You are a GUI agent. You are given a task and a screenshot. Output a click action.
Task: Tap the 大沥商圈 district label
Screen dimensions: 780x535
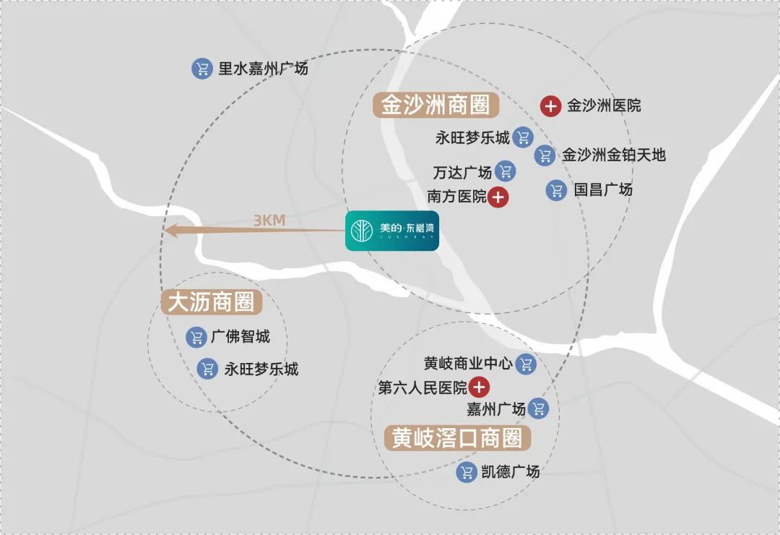point(212,302)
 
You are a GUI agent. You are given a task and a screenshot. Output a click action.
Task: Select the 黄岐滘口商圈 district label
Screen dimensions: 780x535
point(457,438)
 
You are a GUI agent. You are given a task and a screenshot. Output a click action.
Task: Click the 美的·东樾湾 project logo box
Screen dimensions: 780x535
point(391,231)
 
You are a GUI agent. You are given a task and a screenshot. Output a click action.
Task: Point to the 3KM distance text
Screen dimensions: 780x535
point(269,221)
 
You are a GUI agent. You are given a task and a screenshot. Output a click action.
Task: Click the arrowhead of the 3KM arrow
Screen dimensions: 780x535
point(170,231)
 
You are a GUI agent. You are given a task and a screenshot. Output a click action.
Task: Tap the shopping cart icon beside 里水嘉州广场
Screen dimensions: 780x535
point(201,69)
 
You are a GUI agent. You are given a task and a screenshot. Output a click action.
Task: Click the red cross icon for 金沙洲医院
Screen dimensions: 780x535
point(550,106)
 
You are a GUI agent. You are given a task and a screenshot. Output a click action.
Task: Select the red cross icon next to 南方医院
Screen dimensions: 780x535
point(498,197)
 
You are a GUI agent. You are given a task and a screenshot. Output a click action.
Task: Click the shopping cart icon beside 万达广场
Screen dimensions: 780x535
point(506,171)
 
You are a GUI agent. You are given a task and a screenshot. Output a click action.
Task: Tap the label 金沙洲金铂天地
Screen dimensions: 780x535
point(613,155)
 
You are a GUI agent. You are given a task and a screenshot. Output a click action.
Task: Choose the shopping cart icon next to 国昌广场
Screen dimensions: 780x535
point(556,190)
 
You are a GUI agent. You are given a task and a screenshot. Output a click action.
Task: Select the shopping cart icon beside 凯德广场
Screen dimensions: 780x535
point(467,474)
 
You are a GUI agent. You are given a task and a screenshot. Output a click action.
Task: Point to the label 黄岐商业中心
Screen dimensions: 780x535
point(468,364)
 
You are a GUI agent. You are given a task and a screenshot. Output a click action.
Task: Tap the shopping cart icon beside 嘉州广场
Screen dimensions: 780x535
point(538,409)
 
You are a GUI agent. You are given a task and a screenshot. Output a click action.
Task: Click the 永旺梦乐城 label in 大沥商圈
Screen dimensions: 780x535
point(261,369)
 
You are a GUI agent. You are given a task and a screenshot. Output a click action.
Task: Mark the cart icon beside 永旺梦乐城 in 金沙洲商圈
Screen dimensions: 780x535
point(523,137)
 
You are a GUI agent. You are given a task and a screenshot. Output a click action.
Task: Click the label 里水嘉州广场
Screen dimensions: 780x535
point(263,69)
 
